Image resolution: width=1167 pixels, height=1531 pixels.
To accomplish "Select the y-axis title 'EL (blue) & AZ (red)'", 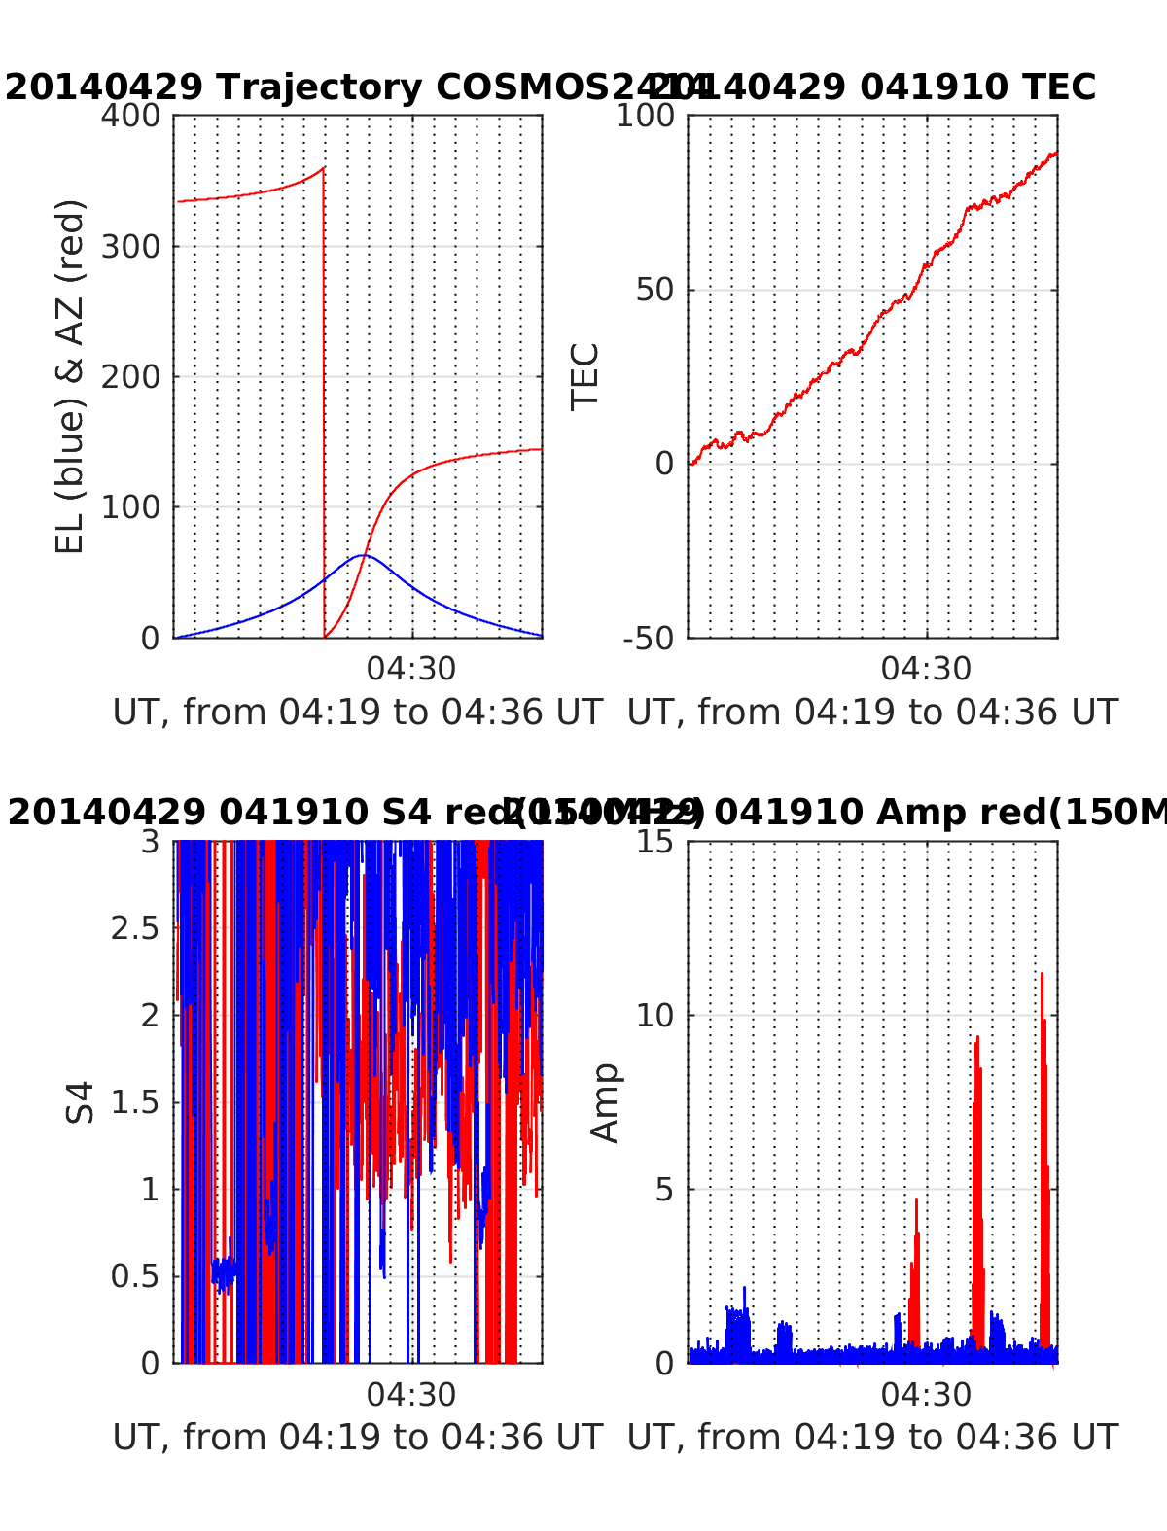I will [x=70, y=377].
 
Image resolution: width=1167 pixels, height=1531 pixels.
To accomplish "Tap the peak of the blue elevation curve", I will [x=363, y=555].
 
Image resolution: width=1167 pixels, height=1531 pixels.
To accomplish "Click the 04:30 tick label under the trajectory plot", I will [x=410, y=669].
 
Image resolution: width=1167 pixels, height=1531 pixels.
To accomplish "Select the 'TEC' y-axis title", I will [x=584, y=377].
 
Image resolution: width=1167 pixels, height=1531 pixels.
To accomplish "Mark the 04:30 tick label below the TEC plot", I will [x=926, y=669].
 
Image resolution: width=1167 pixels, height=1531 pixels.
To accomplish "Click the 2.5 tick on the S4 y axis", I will [x=134, y=928].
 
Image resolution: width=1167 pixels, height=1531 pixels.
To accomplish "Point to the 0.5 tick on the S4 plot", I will [x=134, y=1276].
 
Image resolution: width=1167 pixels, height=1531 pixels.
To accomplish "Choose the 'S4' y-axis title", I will [x=81, y=1102].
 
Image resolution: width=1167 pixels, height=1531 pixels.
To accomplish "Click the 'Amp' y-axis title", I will [x=605, y=1102].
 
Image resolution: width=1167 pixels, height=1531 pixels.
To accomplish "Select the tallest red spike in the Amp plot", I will [x=1042, y=974].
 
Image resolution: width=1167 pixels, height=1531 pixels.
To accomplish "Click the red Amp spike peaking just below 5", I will [x=916, y=1201].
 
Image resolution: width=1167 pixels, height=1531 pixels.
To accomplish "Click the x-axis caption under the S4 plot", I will [x=358, y=1437].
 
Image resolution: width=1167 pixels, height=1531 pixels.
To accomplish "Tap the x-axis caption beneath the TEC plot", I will [x=872, y=713].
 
